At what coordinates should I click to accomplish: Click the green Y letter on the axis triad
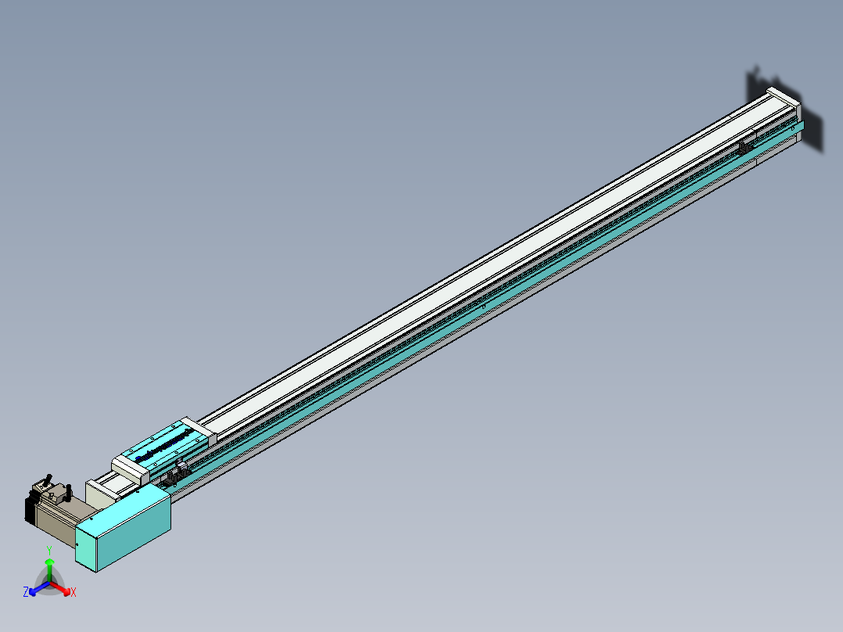tap(49, 551)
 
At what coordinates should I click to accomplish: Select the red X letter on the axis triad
tap(74, 593)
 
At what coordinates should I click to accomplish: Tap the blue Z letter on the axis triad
tap(26, 592)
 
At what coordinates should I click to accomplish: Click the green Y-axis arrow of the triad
tap(49, 567)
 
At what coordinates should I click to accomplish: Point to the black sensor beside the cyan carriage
tap(177, 472)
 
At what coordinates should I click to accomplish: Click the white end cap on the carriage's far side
tap(199, 429)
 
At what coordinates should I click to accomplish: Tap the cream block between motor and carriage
tap(99, 494)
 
